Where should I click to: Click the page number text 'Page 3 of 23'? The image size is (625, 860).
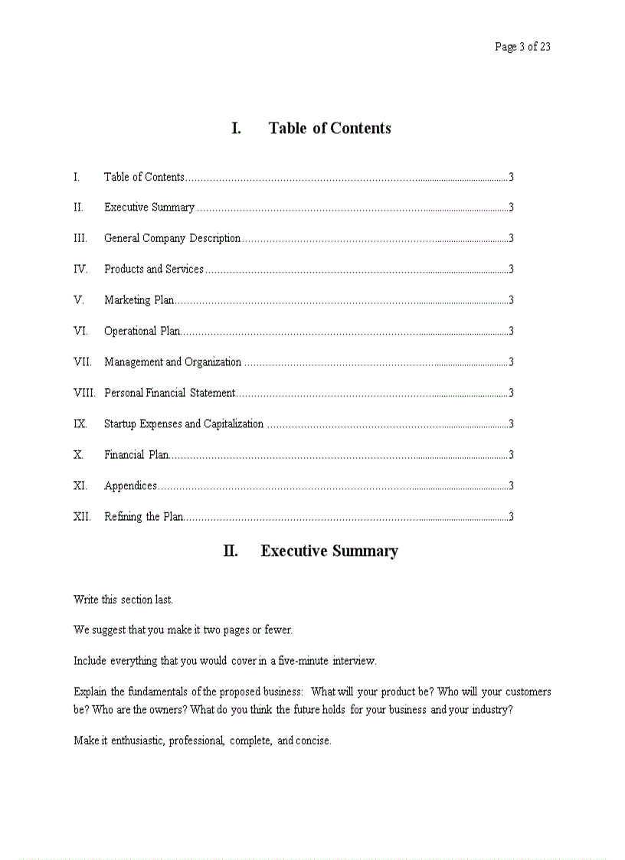click(x=522, y=47)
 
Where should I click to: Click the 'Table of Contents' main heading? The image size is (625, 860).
click(x=329, y=129)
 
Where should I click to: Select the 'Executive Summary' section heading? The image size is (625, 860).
click(x=329, y=551)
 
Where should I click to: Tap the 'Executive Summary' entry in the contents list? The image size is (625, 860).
click(x=149, y=208)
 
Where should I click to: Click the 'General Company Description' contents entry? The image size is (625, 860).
click(x=172, y=238)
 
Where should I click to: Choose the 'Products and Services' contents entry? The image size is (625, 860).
click(x=154, y=270)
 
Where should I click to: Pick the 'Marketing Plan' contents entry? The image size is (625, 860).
click(x=139, y=300)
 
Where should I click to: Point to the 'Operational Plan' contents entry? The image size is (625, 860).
click(x=142, y=332)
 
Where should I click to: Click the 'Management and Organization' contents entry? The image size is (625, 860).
click(x=172, y=362)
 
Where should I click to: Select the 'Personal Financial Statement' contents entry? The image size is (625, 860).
click(x=169, y=393)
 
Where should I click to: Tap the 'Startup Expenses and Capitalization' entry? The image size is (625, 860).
click(x=184, y=424)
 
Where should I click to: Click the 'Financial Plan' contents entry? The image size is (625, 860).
click(x=136, y=455)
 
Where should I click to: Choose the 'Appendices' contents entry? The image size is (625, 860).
click(x=130, y=486)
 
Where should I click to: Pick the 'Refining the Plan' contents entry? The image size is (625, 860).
click(x=143, y=517)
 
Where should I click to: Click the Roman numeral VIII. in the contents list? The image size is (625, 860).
click(x=84, y=393)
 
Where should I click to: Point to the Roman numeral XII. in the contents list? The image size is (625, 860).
click(x=82, y=517)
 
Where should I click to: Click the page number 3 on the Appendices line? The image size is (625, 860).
click(x=511, y=486)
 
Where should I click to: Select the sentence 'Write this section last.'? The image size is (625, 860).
click(x=123, y=600)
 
